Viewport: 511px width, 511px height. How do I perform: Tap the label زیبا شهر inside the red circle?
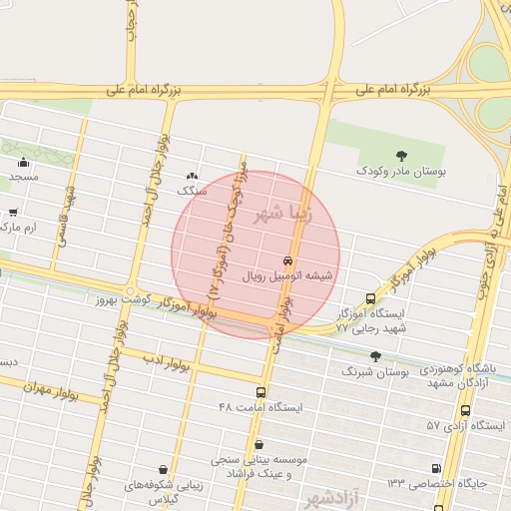(283, 213)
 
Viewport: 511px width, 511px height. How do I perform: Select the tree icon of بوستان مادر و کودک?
(401, 155)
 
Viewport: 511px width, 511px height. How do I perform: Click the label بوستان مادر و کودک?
(401, 172)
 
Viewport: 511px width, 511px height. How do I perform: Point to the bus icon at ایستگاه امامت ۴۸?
(260, 392)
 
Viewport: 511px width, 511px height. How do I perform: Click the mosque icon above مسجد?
(24, 162)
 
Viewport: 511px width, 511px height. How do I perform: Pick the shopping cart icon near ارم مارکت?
(12, 212)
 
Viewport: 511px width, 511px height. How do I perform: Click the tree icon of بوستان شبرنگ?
(375, 355)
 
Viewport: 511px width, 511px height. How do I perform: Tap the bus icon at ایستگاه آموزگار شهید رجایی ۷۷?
(371, 298)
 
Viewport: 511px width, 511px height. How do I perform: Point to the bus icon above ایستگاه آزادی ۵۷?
(465, 410)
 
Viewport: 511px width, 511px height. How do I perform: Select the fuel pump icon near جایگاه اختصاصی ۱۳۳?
(435, 468)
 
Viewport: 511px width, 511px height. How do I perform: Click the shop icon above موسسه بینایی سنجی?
(259, 444)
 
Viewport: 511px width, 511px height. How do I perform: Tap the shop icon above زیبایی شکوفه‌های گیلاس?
(163, 468)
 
